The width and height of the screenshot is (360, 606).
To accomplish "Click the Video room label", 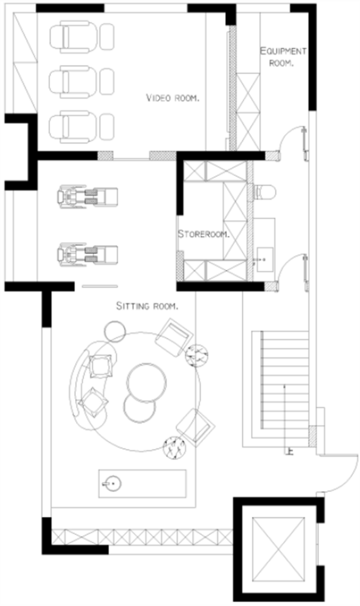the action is tap(173, 98).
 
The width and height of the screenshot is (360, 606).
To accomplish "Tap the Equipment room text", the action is tap(283, 57).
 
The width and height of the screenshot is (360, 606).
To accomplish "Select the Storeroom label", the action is tap(203, 234).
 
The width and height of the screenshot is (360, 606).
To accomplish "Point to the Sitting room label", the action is tap(147, 306).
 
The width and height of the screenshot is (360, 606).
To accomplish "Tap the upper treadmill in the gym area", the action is tap(87, 197).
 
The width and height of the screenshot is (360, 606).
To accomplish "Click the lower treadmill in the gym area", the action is tap(87, 254).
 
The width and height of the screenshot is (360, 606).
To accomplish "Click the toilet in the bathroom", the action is tap(265, 192).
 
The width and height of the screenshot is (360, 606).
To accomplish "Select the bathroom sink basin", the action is tap(265, 260).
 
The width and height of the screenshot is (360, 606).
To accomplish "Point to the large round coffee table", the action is tap(146, 382).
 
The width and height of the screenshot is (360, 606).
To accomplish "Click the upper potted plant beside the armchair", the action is tap(197, 355).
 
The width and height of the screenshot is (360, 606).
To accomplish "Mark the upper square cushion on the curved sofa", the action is tap(100, 366).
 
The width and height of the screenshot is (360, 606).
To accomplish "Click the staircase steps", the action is tap(284, 380).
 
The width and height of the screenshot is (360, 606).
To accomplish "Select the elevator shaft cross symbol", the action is tap(279, 550).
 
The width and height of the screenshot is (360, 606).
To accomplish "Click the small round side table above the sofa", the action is tap(115, 332).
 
